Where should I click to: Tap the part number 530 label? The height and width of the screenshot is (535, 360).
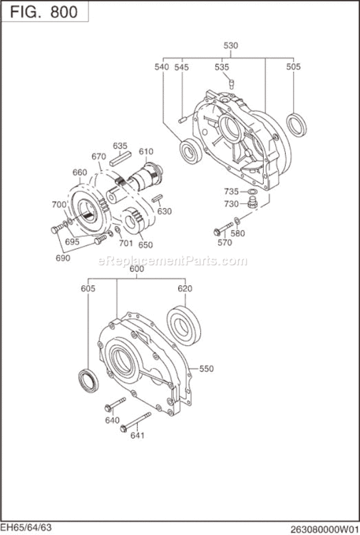[230, 46]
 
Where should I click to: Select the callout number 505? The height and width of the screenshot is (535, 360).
[294, 66]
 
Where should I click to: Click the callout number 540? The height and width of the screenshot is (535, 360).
[163, 66]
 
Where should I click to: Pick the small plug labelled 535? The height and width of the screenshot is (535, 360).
[230, 83]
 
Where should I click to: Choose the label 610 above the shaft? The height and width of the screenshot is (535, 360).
[146, 151]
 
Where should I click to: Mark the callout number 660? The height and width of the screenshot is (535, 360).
[79, 172]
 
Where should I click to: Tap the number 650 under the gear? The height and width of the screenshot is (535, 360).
[145, 244]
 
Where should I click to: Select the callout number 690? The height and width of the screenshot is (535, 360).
[63, 258]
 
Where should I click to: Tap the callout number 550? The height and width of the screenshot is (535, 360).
[207, 369]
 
